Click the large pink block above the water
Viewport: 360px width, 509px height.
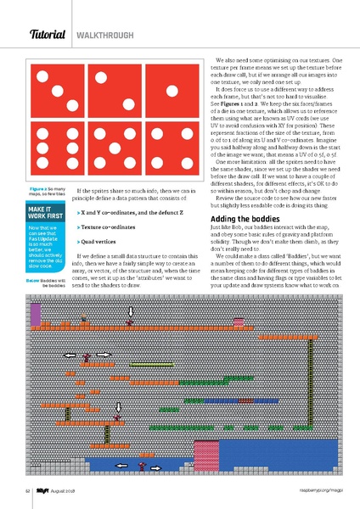tap(208, 450)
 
